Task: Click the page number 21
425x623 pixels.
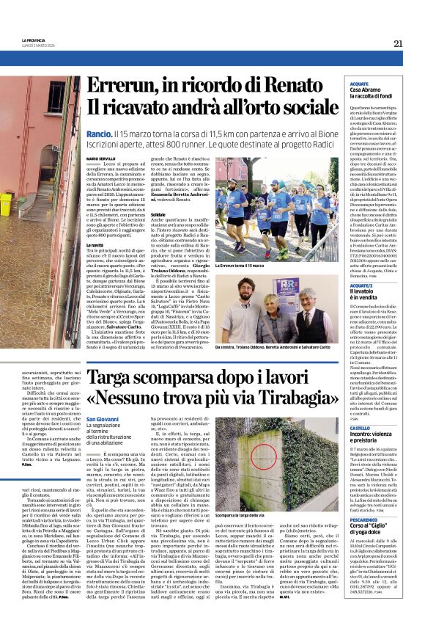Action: click(x=398, y=43)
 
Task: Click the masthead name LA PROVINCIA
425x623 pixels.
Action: click(x=33, y=40)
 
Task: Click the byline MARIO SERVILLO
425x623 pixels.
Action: click(x=101, y=159)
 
